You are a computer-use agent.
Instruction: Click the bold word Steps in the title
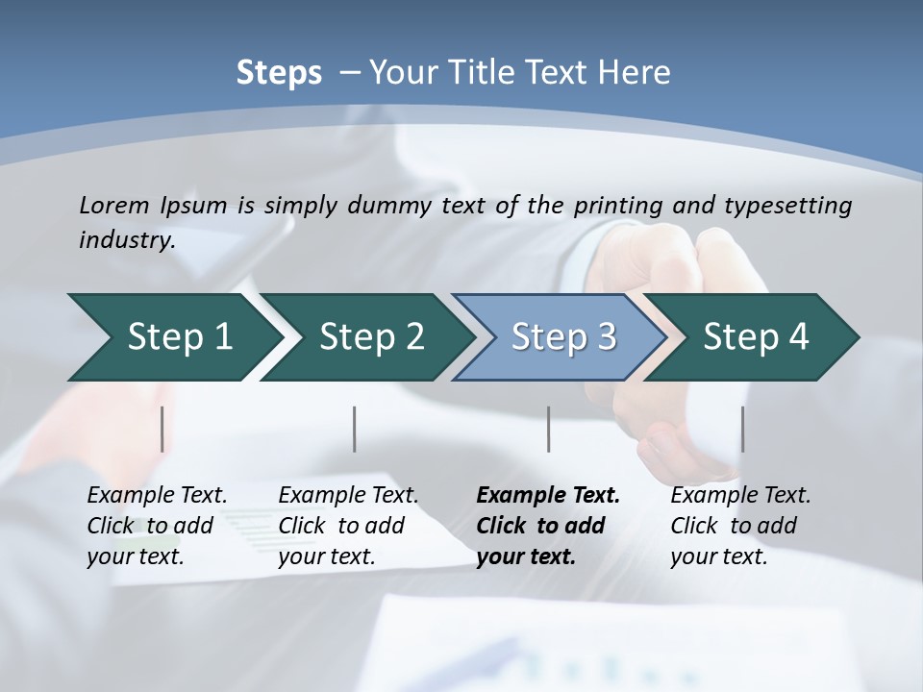click(x=279, y=73)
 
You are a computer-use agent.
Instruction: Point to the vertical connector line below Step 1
click(x=162, y=429)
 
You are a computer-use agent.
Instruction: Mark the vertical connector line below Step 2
click(x=355, y=429)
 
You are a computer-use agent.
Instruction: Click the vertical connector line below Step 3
click(x=548, y=429)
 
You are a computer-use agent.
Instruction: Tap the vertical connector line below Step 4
click(x=742, y=429)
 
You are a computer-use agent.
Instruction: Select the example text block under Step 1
click(x=157, y=526)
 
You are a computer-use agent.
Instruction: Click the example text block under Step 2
click(x=348, y=526)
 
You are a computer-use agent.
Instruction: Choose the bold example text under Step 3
click(x=548, y=526)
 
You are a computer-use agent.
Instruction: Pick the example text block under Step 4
click(x=740, y=526)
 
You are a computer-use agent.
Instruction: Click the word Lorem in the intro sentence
click(x=113, y=206)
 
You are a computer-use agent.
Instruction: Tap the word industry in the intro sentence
click(x=126, y=240)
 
